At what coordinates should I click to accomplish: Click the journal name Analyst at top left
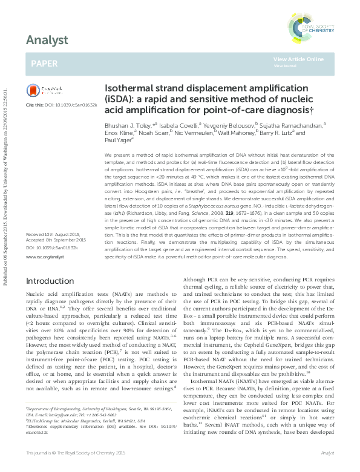click(x=45, y=41)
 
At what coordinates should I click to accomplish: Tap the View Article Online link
click(x=298, y=59)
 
